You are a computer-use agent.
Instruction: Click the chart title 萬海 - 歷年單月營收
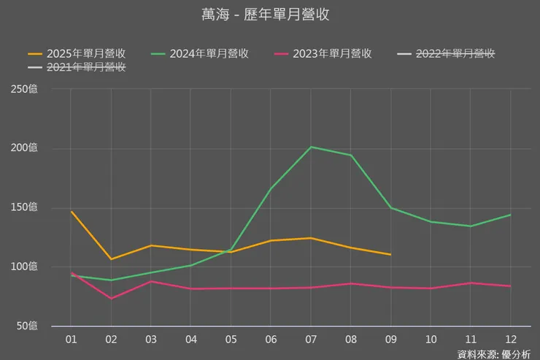(x=270, y=14)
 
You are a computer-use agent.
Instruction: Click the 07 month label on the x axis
(x=311, y=339)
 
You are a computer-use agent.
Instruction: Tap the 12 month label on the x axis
(x=510, y=339)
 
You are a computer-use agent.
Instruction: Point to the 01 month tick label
(x=72, y=339)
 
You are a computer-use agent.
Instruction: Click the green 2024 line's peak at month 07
(x=311, y=147)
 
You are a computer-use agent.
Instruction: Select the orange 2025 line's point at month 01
(x=72, y=212)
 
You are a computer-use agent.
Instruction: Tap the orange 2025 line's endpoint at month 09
(x=390, y=255)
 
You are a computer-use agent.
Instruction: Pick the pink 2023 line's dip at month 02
(x=111, y=299)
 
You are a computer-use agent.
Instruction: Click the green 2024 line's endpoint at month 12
(x=510, y=215)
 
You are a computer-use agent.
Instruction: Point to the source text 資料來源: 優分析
(x=494, y=353)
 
